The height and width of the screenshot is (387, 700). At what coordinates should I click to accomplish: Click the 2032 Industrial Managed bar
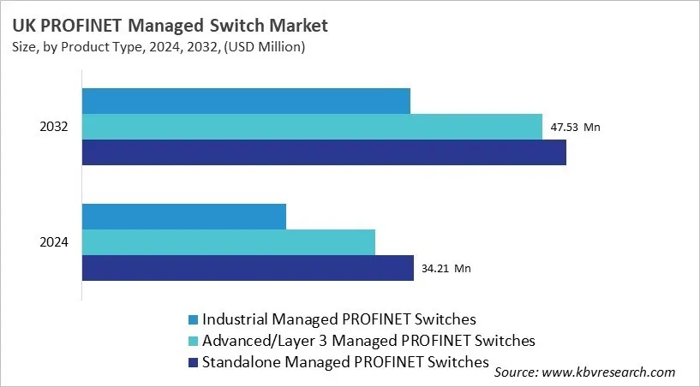coord(246,101)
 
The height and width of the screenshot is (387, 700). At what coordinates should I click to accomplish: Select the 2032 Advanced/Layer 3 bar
coord(312,127)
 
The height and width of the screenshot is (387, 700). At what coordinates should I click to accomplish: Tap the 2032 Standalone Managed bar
coord(324,152)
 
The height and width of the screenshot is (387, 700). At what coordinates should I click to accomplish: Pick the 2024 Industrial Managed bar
coord(184,217)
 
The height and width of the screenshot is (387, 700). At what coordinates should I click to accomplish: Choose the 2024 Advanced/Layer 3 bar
coord(229,242)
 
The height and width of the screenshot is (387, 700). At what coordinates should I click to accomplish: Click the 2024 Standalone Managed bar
coord(248,268)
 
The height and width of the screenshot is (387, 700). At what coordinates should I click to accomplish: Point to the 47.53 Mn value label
coord(575,128)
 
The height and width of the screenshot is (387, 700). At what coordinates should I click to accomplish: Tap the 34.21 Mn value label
coord(446,269)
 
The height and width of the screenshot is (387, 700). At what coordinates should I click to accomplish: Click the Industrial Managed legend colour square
coord(192,320)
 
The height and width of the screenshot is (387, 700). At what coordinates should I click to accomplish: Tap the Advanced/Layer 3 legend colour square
coord(192,342)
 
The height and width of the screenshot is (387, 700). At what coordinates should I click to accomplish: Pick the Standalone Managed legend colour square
coord(192,363)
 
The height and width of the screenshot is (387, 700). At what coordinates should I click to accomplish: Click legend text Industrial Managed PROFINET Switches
coord(338,319)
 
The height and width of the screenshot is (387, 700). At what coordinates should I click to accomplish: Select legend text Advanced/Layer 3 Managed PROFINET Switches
coord(368,341)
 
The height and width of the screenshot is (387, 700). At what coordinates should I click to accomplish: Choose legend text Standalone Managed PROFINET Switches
coord(345,362)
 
